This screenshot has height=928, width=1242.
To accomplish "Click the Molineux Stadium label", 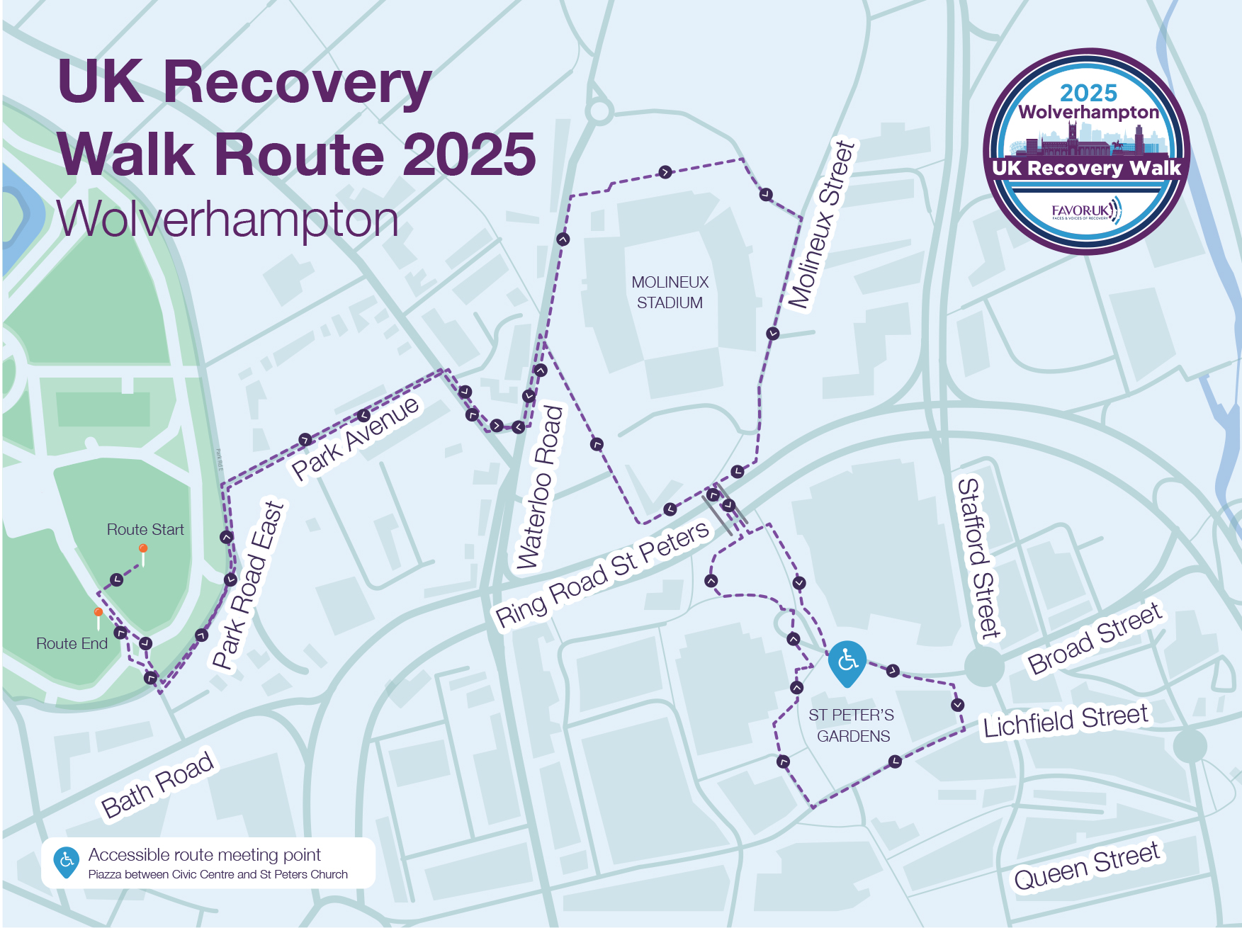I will click(670, 292).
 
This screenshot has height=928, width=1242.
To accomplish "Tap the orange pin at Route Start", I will click(143, 549).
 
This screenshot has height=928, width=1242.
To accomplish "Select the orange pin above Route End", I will click(98, 612).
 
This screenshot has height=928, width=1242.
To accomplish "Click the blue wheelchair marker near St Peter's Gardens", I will click(847, 662).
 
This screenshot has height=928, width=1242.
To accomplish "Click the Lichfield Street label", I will click(1065, 720).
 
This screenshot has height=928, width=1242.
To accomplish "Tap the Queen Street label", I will click(1087, 866).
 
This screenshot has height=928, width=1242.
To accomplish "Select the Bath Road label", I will click(157, 785).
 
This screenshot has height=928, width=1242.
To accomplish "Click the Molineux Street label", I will click(822, 225).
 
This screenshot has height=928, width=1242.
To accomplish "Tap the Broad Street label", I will click(1095, 638).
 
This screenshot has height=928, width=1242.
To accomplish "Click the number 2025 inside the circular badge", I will click(1088, 93).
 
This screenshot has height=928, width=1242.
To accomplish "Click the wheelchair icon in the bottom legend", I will click(67, 861).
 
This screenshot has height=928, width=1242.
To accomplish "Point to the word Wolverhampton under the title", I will click(227, 220).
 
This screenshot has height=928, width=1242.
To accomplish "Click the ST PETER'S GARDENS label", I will click(852, 725).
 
